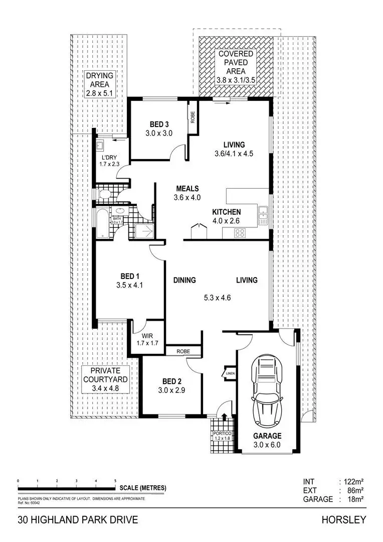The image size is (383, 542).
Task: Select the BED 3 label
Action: [x=159, y=129]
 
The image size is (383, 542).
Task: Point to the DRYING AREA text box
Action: [x=99, y=84]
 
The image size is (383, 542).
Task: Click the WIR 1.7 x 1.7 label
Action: [x=147, y=340]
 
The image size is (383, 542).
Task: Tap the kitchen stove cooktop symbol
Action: [x=240, y=232]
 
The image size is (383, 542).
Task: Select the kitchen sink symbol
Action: [x=263, y=216]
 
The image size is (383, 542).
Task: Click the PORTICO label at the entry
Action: [x=221, y=435]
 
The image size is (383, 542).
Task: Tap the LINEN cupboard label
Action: [x=230, y=373]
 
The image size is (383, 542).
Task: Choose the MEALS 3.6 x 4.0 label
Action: [x=187, y=193]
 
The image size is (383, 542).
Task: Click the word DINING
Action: [x=184, y=280]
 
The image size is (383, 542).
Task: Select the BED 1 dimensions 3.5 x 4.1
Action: [x=130, y=286]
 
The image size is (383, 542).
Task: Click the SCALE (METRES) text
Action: [x=143, y=487]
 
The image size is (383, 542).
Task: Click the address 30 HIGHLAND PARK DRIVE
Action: [x=78, y=519]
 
